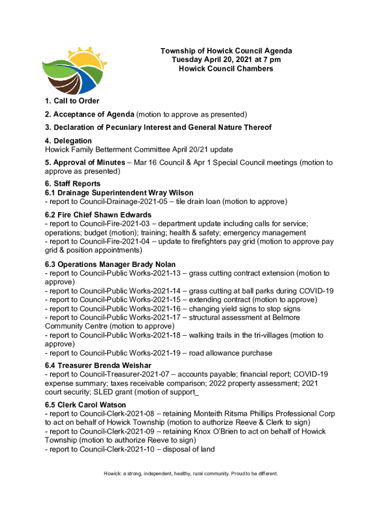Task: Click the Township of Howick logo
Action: [74, 70]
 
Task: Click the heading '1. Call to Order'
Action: [72, 101]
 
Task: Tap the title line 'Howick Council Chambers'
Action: [226, 68]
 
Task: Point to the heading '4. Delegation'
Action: [68, 141]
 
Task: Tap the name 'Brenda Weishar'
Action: [127, 365]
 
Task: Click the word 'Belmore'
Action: [284, 317]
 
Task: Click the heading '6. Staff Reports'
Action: [72, 184]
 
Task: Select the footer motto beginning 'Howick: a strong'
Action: [191, 474]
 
